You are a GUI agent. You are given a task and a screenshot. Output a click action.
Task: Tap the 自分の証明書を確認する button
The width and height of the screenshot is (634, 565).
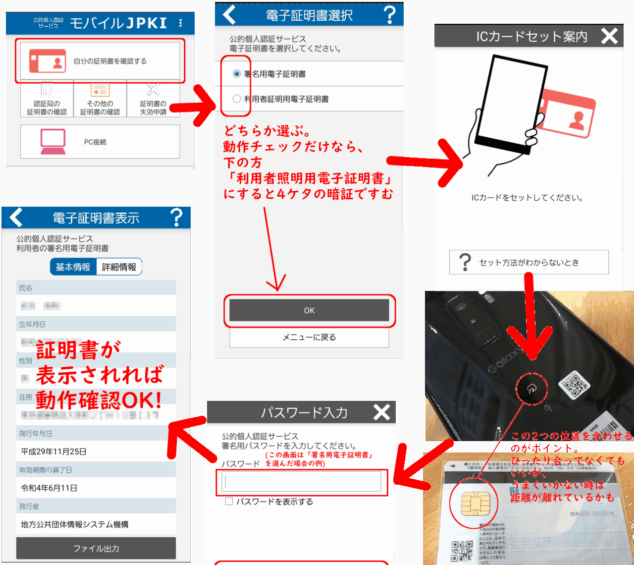100,61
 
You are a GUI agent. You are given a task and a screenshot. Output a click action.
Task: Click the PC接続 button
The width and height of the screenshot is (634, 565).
100,142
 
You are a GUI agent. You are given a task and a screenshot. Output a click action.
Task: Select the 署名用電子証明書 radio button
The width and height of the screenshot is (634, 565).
237,74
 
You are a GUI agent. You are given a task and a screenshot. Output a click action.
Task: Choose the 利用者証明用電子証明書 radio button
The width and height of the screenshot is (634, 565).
237,99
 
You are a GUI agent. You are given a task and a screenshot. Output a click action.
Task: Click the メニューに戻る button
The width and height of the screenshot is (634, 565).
309,338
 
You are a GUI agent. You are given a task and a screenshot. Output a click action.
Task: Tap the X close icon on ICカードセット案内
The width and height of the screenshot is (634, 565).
609,36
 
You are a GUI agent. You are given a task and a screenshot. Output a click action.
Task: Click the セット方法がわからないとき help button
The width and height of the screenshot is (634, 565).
528,262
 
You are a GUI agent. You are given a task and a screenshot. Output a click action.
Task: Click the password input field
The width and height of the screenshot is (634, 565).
302,481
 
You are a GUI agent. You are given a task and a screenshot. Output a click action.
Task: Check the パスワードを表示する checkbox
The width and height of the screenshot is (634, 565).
229,502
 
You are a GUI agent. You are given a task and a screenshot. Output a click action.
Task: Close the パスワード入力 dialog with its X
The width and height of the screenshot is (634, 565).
381,412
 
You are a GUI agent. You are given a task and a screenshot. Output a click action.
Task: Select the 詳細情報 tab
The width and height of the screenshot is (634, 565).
119,267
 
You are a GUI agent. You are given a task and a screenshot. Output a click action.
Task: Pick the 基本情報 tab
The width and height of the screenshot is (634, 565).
73,267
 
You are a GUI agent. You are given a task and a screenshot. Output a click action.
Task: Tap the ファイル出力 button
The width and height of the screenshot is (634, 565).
96,549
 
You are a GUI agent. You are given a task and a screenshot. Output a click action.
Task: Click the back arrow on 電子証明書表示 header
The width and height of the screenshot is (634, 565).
16,218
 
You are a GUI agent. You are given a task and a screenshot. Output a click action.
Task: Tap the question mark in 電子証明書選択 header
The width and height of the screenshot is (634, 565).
390,15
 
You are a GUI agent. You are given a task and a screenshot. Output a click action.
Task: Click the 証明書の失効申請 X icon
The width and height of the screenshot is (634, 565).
154,90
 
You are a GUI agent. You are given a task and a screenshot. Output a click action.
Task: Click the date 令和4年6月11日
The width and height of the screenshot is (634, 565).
50,488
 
